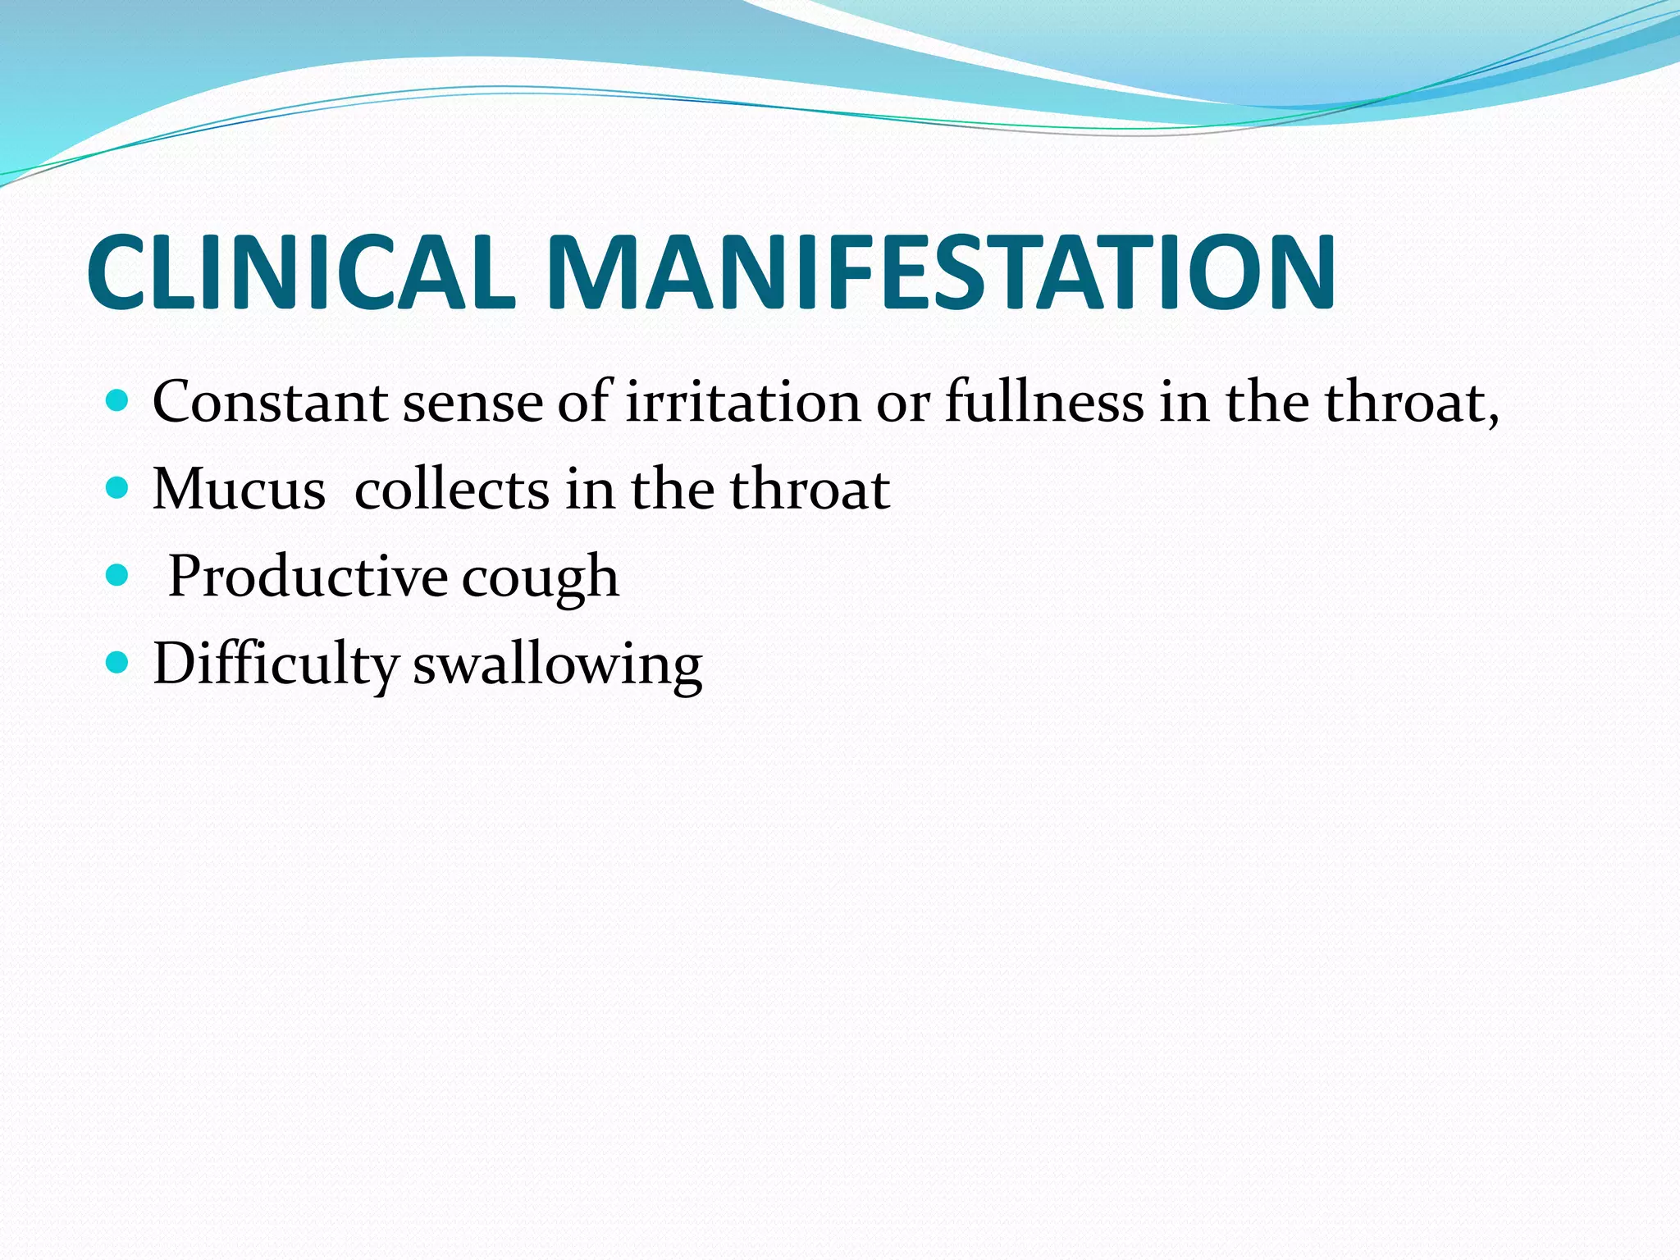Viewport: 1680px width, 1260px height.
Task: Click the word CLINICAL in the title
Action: [x=301, y=272]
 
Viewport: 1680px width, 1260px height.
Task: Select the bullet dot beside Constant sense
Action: [x=118, y=401]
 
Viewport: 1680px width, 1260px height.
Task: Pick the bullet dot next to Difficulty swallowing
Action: [x=118, y=663]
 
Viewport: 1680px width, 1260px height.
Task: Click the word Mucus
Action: [x=239, y=490]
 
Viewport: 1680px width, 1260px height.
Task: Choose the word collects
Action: [x=452, y=490]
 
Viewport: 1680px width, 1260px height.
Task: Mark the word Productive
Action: [x=308, y=577]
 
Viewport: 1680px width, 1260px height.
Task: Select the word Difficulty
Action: [x=276, y=664]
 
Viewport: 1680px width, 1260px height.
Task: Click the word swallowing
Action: [x=558, y=664]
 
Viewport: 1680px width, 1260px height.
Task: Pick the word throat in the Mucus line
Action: [x=810, y=490]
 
